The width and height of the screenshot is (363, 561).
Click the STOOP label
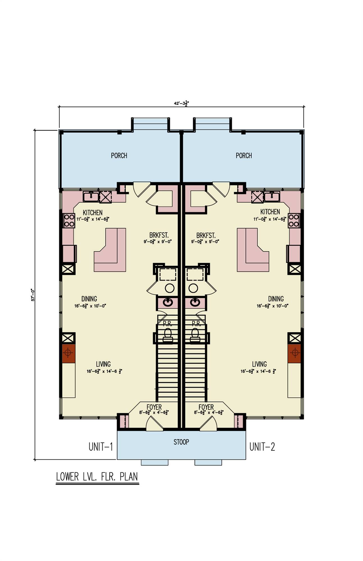tap(181, 442)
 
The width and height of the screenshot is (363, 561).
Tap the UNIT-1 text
tap(101, 447)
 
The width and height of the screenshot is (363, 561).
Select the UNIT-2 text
tap(262, 447)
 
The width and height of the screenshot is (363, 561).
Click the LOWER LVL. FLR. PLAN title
tap(97, 477)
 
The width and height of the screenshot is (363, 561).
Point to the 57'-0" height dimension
tap(33, 295)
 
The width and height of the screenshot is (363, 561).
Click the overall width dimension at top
tap(181, 103)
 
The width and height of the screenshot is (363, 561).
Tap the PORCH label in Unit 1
tap(119, 156)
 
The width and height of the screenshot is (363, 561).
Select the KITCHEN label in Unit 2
tap(270, 212)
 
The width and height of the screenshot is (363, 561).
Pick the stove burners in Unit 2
tap(294, 220)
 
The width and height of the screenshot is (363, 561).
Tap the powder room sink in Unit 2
tap(195, 302)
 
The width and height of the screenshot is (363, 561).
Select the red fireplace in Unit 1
tap(68, 353)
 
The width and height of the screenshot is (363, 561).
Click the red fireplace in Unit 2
tap(295, 353)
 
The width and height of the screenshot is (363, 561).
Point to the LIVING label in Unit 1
tap(103, 364)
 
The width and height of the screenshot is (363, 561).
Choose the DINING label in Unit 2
tap(276, 299)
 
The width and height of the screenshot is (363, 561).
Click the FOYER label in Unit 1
tap(154, 407)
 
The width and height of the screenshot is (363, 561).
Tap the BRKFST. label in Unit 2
tap(206, 235)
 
